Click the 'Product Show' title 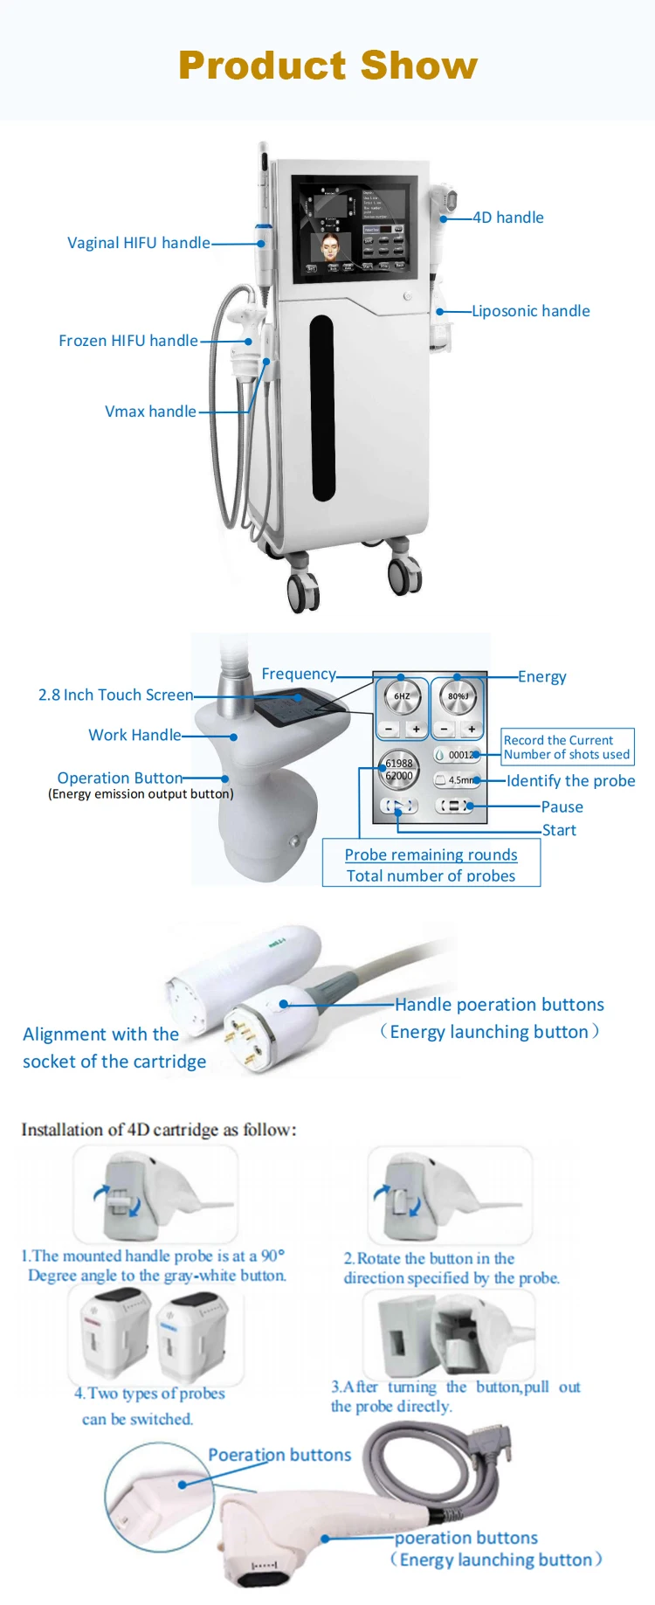point(327,66)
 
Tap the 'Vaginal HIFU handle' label point(138,243)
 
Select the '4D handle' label point(508,218)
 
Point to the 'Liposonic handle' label point(531,311)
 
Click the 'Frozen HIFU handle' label point(128,341)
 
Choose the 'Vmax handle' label point(150,412)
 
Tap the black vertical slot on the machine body point(323,407)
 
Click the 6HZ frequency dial point(402,696)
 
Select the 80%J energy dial point(458,696)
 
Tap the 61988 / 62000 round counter point(398,770)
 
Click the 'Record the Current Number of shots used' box point(567,747)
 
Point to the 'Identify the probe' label point(570,781)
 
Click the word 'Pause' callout point(562,807)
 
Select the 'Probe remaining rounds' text point(431,854)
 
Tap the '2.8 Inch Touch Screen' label point(115,695)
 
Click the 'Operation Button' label point(120,778)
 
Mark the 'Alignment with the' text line point(100,1034)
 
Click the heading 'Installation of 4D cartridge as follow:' point(159,1130)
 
